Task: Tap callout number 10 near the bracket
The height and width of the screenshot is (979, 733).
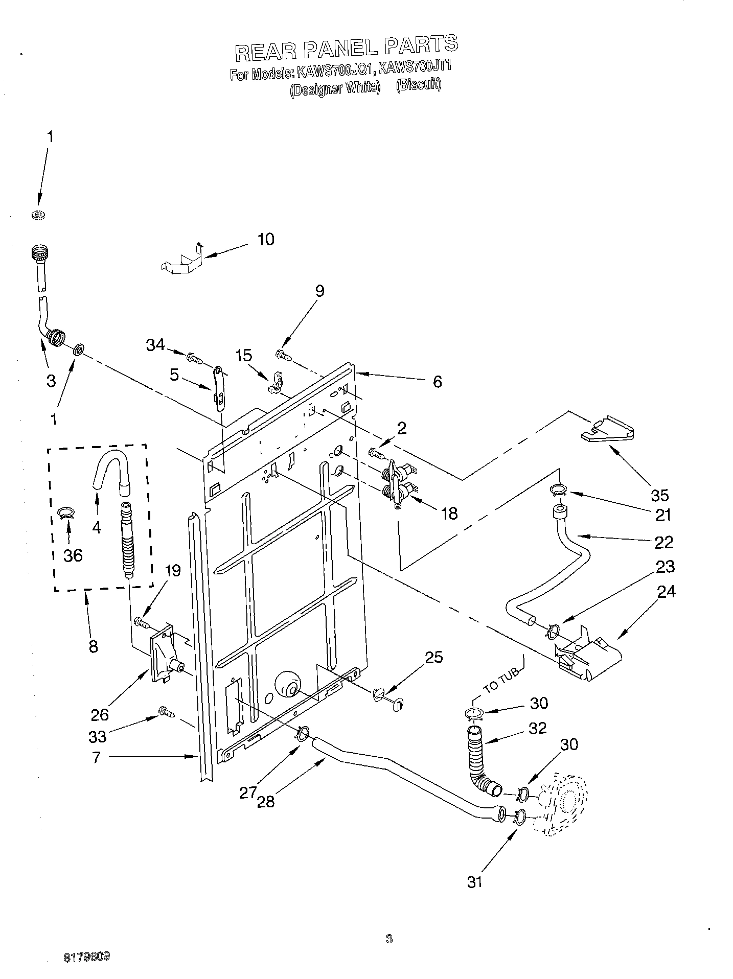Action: point(265,239)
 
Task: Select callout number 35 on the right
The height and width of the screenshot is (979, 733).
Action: point(660,495)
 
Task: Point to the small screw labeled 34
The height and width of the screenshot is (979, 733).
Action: point(194,358)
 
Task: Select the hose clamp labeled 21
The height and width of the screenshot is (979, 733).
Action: point(559,490)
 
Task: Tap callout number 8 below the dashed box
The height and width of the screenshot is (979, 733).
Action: point(93,647)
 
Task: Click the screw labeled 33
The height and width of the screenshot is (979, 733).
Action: point(166,711)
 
